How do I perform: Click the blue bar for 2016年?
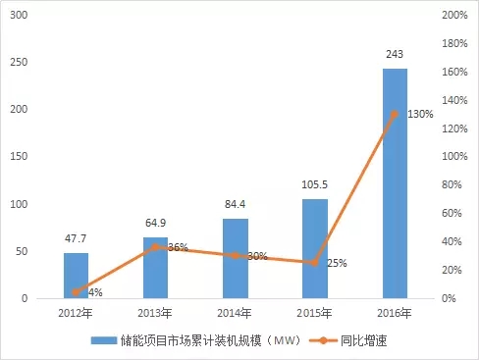pos(395,183)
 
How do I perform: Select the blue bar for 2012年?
pos(76,276)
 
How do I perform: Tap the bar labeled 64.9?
pos(155,268)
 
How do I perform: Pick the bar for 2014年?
pos(235,258)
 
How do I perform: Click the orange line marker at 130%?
pos(395,115)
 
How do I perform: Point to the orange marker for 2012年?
pos(76,292)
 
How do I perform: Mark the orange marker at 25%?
pos(314,263)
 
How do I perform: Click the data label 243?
pos(395,54)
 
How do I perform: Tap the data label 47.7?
pos(76,238)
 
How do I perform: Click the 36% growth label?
pos(178,248)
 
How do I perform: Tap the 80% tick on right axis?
pos(453,185)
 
